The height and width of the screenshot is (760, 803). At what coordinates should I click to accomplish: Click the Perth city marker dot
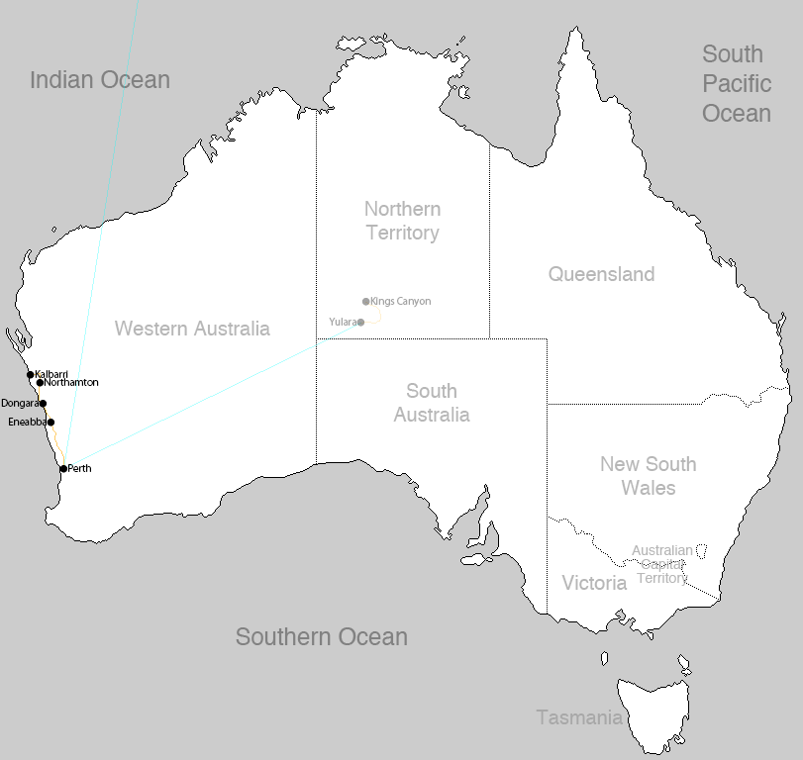[63, 469]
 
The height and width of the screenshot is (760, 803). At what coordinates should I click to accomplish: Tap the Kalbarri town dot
[31, 374]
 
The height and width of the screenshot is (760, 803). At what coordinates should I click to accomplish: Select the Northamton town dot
[40, 383]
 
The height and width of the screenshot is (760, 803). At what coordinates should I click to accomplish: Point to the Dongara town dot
[43, 404]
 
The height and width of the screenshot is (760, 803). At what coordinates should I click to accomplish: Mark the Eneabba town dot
[50, 423]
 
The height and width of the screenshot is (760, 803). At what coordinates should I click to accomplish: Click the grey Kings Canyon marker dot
[365, 302]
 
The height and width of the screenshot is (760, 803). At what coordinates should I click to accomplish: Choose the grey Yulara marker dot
[360, 323]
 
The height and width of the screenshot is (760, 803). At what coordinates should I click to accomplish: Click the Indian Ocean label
[99, 80]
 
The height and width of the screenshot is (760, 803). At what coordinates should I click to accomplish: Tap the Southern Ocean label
[321, 637]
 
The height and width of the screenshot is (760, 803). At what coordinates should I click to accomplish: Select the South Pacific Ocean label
[736, 83]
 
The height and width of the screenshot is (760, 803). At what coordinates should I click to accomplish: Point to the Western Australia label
[192, 329]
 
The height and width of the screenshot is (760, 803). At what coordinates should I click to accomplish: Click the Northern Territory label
[402, 221]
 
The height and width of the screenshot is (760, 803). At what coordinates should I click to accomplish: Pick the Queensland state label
[601, 274]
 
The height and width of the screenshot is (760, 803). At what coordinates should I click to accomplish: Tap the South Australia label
[431, 403]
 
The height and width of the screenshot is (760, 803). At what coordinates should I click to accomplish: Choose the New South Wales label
[648, 475]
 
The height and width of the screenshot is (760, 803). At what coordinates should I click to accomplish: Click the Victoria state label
[594, 583]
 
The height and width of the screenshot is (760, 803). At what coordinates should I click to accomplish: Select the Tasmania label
[578, 717]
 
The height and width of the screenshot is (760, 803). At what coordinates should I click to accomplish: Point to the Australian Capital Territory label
[662, 564]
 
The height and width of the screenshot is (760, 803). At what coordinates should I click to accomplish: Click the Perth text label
[79, 469]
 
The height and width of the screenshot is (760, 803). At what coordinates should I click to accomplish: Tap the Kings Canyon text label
[400, 302]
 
